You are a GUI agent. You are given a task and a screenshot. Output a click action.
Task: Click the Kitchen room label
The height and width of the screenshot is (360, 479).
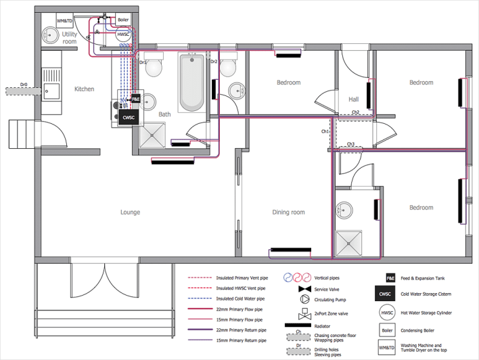(85, 89)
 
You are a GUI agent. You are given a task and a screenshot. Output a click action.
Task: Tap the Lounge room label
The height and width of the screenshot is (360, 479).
(130, 212)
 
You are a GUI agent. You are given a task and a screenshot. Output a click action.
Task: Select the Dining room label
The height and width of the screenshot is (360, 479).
(288, 212)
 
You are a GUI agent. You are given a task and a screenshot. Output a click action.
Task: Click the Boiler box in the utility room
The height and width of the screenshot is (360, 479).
(123, 20)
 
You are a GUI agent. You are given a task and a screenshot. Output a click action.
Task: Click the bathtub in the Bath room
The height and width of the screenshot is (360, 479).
(191, 83)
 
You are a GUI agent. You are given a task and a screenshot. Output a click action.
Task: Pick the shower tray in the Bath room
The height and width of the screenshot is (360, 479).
(152, 137)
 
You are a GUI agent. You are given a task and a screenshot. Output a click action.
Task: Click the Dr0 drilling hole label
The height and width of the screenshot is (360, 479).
(23, 85)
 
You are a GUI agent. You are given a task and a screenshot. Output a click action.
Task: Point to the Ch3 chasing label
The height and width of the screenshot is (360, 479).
(351, 144)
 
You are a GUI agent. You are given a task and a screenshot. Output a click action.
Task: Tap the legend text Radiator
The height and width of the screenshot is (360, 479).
(325, 325)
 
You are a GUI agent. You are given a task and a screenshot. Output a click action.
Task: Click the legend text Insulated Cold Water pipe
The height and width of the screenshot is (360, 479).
(240, 298)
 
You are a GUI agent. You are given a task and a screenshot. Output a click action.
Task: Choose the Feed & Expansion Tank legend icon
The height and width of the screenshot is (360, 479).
(390, 277)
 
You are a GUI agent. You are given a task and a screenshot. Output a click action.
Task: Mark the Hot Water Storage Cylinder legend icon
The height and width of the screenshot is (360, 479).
(386, 313)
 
